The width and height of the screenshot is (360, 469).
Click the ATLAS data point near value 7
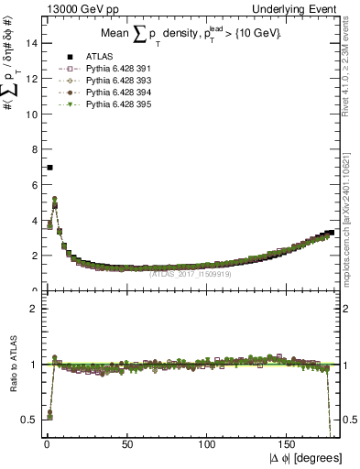49,168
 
